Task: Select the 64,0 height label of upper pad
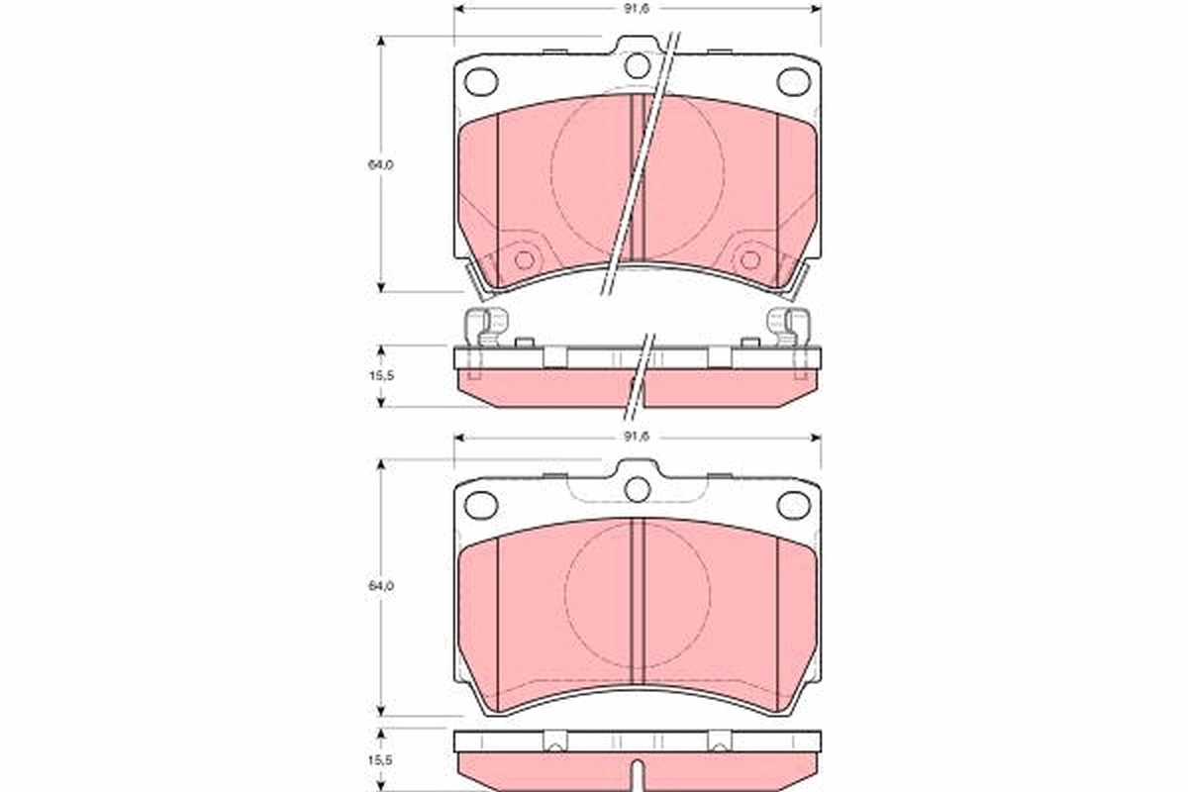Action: point(382,165)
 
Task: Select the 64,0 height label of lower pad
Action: point(382,586)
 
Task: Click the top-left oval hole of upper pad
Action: point(482,81)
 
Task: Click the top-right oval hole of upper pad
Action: point(793,81)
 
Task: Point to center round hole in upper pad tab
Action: point(638,65)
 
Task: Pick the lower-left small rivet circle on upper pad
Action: point(524,260)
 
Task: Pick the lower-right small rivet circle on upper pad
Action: point(750,260)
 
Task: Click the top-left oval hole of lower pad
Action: point(482,504)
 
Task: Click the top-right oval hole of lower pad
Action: point(793,504)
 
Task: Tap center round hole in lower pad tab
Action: point(638,488)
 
